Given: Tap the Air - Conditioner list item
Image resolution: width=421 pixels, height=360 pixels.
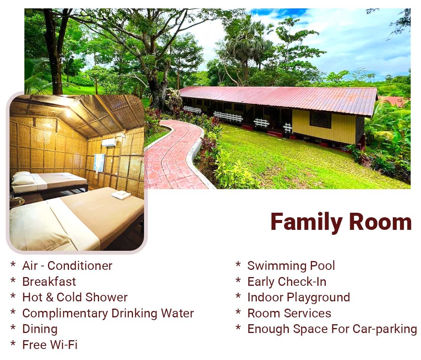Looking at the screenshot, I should (67, 266).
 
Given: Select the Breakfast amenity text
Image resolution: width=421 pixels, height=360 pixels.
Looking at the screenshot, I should (49, 282).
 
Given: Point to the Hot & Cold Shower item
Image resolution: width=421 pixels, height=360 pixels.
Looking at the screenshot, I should (75, 297).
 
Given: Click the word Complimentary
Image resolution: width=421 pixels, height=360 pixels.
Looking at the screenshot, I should (65, 314).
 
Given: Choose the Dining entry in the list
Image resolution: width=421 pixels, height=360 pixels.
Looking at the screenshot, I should (40, 329).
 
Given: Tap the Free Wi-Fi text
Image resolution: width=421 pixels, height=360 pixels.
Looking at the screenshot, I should (50, 345).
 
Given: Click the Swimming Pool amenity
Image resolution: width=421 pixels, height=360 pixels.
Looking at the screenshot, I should (291, 266).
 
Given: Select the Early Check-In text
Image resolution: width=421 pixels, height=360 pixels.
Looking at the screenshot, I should (287, 282).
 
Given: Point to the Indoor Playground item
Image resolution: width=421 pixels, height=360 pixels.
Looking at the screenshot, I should (298, 297).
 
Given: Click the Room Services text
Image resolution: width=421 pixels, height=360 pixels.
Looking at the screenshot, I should (289, 313).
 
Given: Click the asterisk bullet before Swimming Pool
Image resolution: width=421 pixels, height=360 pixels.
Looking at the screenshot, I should (238, 264).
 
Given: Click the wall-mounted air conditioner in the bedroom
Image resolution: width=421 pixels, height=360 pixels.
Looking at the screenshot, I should (109, 143).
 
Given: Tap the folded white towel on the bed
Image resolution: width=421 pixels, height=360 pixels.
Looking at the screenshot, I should (121, 195).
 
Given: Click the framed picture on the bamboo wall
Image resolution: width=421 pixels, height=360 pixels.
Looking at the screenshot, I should (99, 163).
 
